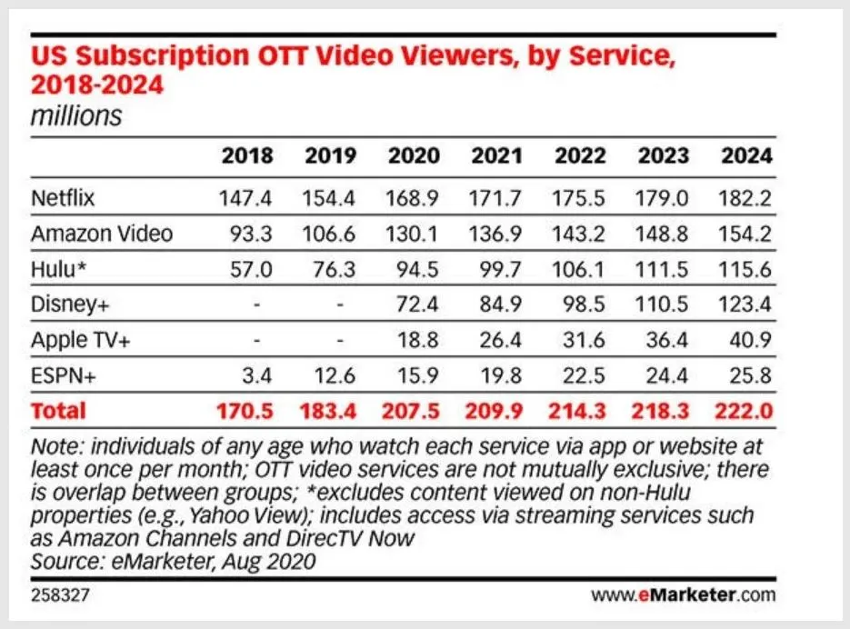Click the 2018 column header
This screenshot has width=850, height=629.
point(246,155)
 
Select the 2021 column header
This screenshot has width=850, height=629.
point(496,155)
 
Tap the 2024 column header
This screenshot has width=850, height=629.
point(746,155)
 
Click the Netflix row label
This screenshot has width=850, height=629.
point(63,197)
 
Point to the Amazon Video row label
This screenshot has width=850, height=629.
point(102,234)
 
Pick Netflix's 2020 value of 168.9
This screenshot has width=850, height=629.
point(413,197)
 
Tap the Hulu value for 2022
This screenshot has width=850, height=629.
point(579,269)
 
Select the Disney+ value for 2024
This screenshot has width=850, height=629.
point(746,305)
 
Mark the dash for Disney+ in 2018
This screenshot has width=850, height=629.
point(257,305)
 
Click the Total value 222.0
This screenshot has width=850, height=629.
point(746,411)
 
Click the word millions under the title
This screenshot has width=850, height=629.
point(76,116)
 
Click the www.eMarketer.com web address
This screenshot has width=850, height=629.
point(684,596)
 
